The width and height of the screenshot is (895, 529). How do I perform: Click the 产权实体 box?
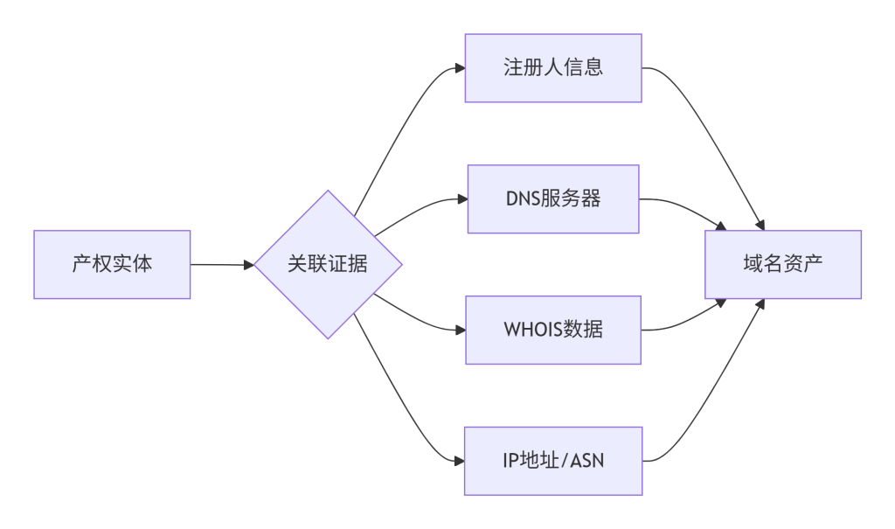coord(112,264)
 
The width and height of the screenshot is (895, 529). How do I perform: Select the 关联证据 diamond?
coord(328,264)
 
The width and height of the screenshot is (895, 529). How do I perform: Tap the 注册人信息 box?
coord(553,68)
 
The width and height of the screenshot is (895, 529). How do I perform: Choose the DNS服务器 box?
coord(553,198)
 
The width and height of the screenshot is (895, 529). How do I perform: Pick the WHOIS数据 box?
coord(553,330)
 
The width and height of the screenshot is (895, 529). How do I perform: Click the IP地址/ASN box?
coord(553,461)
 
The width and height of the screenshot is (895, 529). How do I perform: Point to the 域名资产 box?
coord(783,264)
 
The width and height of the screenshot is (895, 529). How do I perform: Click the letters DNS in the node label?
coord(523,198)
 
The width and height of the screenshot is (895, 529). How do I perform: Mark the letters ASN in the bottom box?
coord(586,461)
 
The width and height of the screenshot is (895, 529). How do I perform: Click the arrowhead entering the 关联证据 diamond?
coord(248,264)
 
